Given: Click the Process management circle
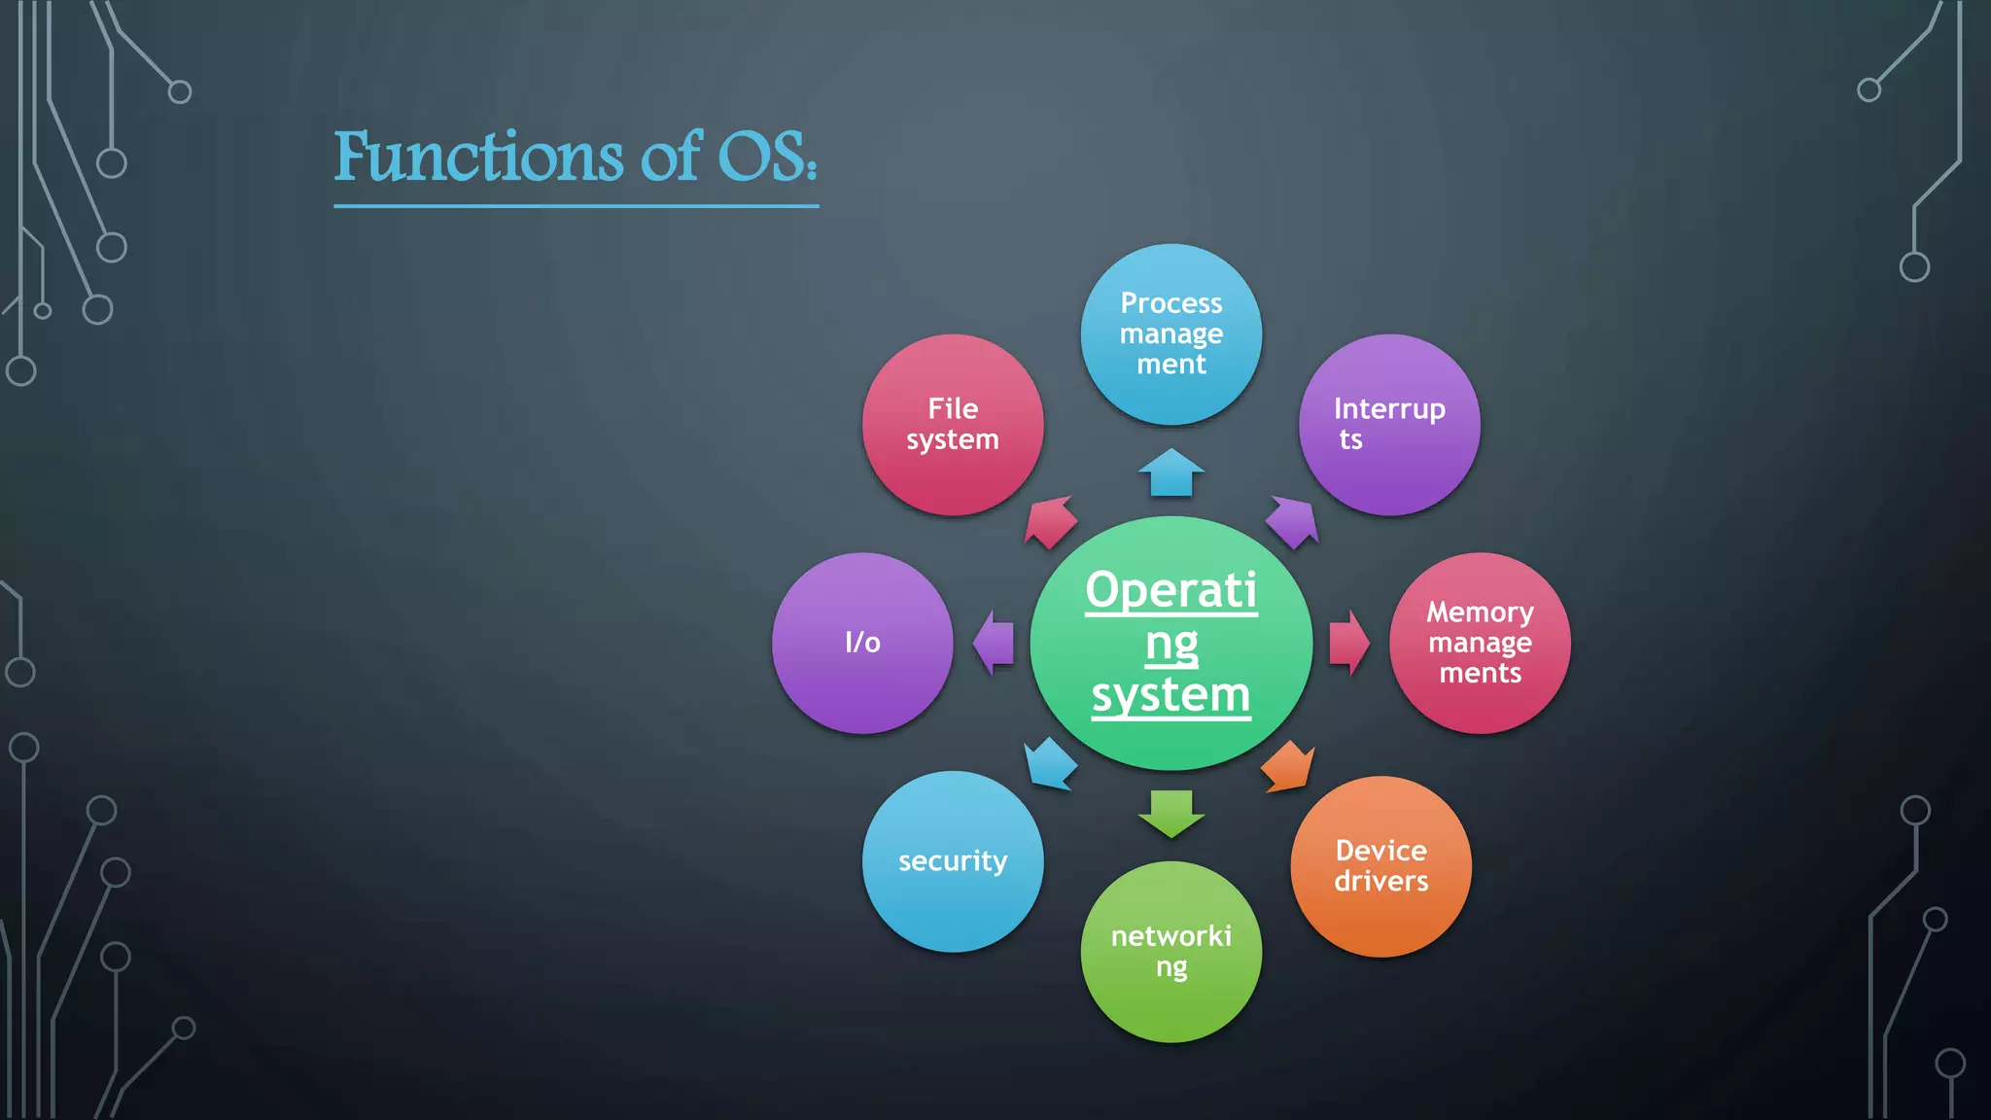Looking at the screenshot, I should tap(1171, 333).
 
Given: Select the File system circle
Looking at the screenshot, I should tap(953, 425).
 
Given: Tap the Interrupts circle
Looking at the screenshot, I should tap(1389, 425).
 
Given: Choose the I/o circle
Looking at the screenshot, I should tap(862, 643).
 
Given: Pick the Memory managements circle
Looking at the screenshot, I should tap(1480, 643).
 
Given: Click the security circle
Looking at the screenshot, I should tap(953, 861).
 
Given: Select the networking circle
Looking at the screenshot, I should tap(1171, 952).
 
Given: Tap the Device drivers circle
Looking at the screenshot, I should tap(1380, 866).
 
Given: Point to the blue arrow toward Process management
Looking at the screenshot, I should tap(1171, 472).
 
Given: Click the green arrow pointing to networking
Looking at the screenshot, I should tap(1171, 813).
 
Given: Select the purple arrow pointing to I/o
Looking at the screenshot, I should tap(994, 643).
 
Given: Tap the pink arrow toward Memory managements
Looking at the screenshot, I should tap(1348, 643).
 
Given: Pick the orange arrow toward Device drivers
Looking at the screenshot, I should tap(1289, 766).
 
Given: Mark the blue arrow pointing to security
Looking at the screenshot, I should tap(1050, 763).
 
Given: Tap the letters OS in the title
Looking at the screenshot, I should tap(763, 157).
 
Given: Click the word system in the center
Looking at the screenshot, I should tap(1170, 695).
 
